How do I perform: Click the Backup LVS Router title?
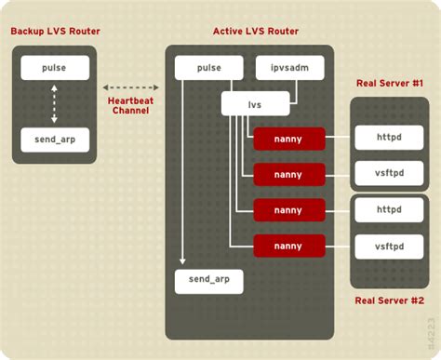point(55,32)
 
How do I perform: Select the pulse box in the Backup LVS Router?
point(55,68)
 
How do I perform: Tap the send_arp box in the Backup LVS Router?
point(55,140)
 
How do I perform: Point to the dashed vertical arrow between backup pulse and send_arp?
point(55,103)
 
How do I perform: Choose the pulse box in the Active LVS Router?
point(208,68)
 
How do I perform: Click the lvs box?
point(255,103)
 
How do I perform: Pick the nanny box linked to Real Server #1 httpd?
point(289,140)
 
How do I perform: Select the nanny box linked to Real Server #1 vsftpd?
point(289,175)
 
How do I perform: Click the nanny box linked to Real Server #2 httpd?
point(289,210)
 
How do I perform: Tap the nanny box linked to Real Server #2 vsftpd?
point(289,246)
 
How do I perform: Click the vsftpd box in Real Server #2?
point(388,246)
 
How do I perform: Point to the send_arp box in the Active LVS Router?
point(208,281)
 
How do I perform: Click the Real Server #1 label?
point(390,84)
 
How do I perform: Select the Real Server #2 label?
point(390,300)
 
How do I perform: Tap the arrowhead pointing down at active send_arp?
point(184,262)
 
